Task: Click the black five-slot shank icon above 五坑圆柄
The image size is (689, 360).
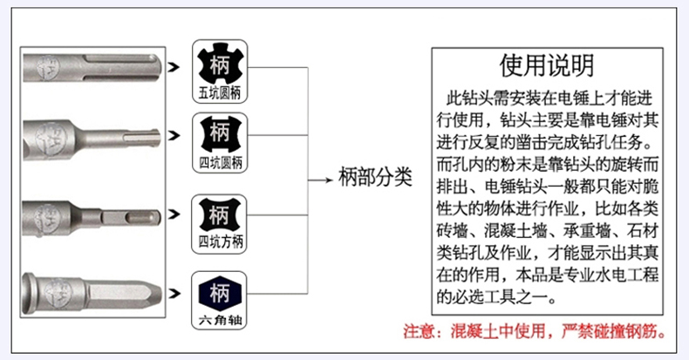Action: (220, 65)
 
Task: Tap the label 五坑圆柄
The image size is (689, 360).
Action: (220, 93)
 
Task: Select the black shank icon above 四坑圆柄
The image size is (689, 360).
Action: (220, 133)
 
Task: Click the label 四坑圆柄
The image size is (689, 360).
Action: (220, 163)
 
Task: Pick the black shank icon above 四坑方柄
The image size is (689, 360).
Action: (219, 215)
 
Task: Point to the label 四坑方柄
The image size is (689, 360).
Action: (220, 241)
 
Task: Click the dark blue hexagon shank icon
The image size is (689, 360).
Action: (220, 293)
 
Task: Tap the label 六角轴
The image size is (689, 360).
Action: (220, 320)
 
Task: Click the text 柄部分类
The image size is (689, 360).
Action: (375, 177)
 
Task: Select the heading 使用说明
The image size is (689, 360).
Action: (547, 65)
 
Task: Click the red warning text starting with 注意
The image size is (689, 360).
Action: (535, 331)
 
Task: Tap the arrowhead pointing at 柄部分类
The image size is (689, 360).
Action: (329, 180)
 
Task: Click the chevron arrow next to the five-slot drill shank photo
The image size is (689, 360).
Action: (174, 67)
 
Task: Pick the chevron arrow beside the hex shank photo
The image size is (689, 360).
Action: (174, 293)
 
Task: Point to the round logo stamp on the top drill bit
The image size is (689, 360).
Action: (47, 67)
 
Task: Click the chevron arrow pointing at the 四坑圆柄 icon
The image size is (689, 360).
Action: (174, 135)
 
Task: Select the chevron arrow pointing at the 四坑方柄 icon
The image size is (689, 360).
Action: (174, 214)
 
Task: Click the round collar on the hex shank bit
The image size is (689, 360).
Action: (28, 292)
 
